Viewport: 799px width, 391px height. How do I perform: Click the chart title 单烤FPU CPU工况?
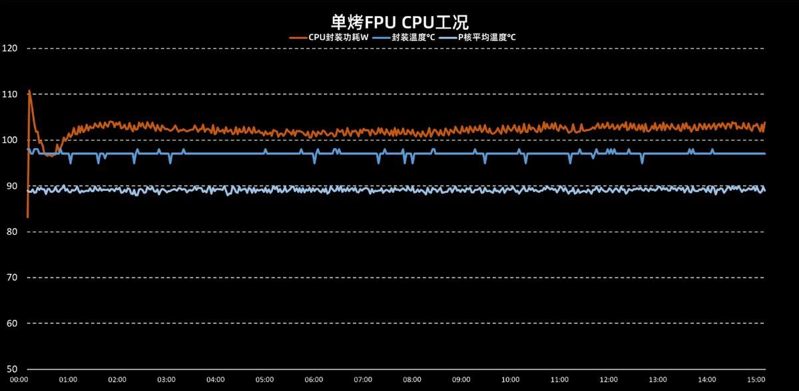[x=400, y=22]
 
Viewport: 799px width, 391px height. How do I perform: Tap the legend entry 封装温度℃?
[x=410, y=37]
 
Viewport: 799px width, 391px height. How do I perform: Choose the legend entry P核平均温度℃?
[x=483, y=37]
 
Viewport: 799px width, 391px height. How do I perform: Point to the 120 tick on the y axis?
[x=9, y=49]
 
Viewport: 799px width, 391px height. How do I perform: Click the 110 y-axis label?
[x=9, y=94]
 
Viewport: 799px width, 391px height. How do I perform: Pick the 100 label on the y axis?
[x=9, y=140]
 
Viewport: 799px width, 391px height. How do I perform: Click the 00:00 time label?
[x=19, y=380]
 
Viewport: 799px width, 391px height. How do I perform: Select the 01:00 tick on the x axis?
[x=68, y=380]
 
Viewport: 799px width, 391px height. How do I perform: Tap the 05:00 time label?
[x=264, y=380]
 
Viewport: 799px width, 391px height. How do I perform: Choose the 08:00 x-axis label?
[x=411, y=380]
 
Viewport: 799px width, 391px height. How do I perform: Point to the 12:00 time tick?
[x=608, y=380]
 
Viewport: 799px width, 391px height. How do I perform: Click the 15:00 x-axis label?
[x=756, y=380]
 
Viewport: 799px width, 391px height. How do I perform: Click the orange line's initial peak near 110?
[x=29, y=90]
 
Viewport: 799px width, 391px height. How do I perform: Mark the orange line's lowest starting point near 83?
[x=27, y=217]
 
